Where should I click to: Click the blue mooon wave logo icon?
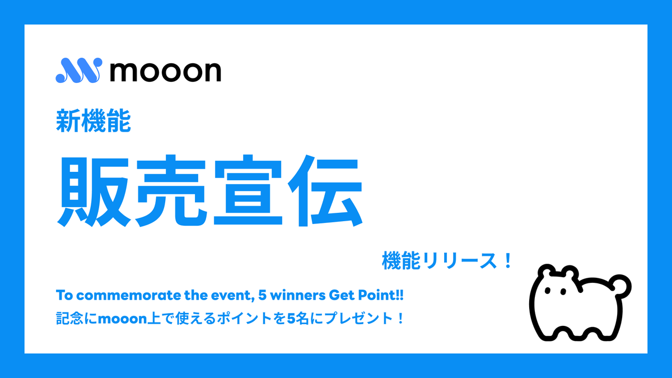coord(78,71)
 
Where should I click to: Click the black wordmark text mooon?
coord(165,71)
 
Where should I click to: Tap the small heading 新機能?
coord(93,122)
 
